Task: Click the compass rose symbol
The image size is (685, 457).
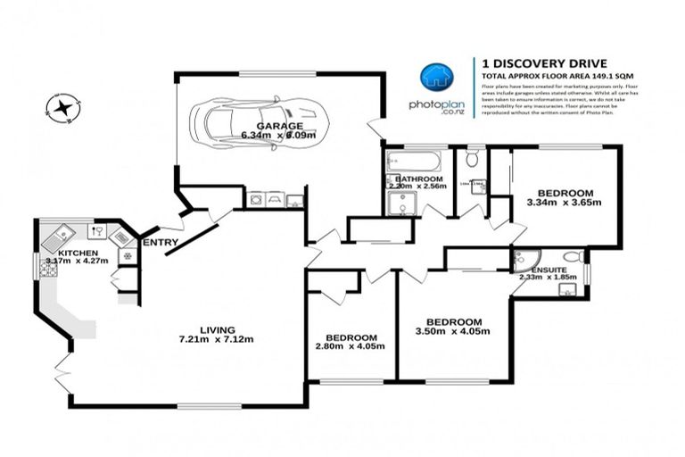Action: tap(62, 109)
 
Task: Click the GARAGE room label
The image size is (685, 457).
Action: tap(278, 126)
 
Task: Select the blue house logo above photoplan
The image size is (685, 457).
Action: tap(436, 77)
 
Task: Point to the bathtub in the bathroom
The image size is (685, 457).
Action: tap(413, 162)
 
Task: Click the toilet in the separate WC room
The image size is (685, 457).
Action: tap(472, 160)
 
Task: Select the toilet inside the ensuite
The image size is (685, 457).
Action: tap(573, 257)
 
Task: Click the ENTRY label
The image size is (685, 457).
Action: tap(161, 242)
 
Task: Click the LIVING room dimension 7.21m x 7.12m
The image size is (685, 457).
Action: tap(217, 339)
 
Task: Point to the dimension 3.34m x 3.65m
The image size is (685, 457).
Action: tap(565, 203)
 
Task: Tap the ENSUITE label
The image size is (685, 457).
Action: tap(549, 269)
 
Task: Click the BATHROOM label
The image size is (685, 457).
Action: tap(418, 179)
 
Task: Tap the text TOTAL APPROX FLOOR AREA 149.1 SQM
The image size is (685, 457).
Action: tap(543, 77)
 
